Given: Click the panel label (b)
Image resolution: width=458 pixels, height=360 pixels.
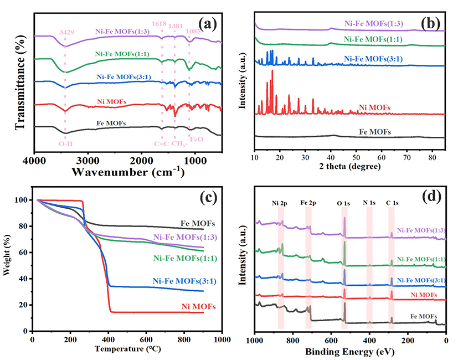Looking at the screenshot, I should coord(430,23).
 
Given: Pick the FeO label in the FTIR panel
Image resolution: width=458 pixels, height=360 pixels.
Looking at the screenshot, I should coord(196,140).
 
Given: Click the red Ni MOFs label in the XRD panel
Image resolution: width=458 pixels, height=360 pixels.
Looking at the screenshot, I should coord(374,107).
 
